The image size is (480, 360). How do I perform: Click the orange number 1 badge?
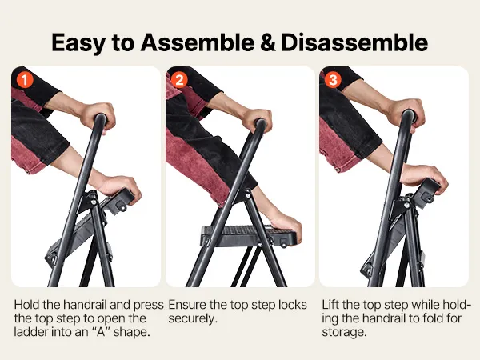tap(25, 80)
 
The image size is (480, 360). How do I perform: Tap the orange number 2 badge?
tap(179, 80)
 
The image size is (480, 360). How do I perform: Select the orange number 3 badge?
tap(333, 80)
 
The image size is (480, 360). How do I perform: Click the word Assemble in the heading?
tap(197, 42)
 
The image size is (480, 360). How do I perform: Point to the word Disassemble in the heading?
tap(354, 42)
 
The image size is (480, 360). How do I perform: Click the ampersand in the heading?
tap(267, 42)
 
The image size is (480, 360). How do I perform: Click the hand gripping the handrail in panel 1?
tap(97, 117)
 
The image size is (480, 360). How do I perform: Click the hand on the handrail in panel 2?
tap(257, 120)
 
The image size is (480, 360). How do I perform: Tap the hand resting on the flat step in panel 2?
tap(286, 225)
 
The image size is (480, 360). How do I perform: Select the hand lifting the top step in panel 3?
tap(426, 178)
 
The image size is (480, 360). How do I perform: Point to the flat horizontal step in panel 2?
tap(249, 236)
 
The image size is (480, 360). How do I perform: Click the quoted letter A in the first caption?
tap(101, 332)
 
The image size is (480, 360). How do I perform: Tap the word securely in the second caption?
tap(193, 318)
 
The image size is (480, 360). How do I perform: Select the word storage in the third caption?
tap(344, 332)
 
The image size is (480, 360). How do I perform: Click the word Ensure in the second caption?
tap(187, 305)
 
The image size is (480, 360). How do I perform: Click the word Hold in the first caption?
tap(26, 305)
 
